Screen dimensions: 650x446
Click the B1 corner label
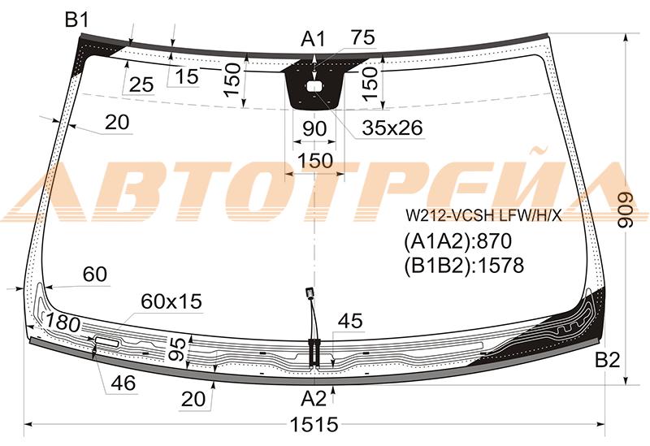77,19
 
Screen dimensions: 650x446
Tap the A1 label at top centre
314,39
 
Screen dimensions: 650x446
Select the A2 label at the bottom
314,399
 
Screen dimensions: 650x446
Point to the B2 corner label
607,360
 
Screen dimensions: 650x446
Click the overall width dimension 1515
314,425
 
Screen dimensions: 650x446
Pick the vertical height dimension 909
625,210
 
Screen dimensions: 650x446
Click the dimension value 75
362,37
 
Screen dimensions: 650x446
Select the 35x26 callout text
392,128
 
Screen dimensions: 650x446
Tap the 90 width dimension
314,129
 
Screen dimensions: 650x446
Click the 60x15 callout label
171,301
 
